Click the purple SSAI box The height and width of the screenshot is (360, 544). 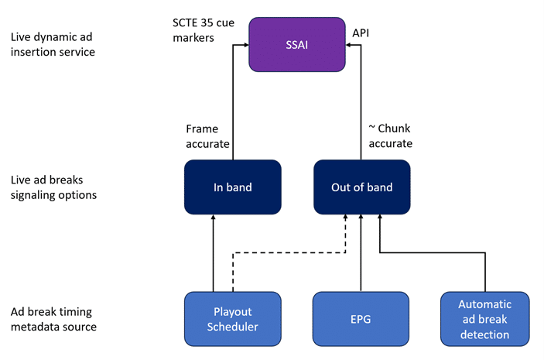[x=297, y=44]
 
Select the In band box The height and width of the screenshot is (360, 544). [x=232, y=187]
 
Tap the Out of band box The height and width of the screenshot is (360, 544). [x=362, y=187]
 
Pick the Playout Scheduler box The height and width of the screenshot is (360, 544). [x=232, y=319]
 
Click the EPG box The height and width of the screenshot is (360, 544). [x=361, y=319]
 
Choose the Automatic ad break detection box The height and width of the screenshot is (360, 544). [x=485, y=319]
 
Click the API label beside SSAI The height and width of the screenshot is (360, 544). [x=361, y=33]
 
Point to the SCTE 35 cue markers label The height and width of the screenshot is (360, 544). [x=204, y=30]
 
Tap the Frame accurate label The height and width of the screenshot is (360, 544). [x=207, y=136]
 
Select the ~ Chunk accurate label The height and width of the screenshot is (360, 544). [x=390, y=135]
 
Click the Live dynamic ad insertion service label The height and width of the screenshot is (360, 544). [x=53, y=44]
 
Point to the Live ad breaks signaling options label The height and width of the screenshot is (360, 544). [x=53, y=187]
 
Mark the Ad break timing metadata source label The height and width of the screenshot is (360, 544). [x=53, y=320]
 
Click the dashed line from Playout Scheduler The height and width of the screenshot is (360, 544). [x=289, y=252]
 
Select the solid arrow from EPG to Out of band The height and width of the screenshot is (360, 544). [x=361, y=253]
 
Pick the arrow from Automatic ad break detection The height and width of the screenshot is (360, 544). [x=433, y=252]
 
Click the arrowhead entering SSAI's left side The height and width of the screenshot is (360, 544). [x=246, y=45]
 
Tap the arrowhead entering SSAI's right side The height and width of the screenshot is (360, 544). [x=348, y=45]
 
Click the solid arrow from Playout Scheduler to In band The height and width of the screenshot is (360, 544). [x=213, y=253]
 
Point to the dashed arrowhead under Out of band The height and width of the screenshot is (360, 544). [x=345, y=217]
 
